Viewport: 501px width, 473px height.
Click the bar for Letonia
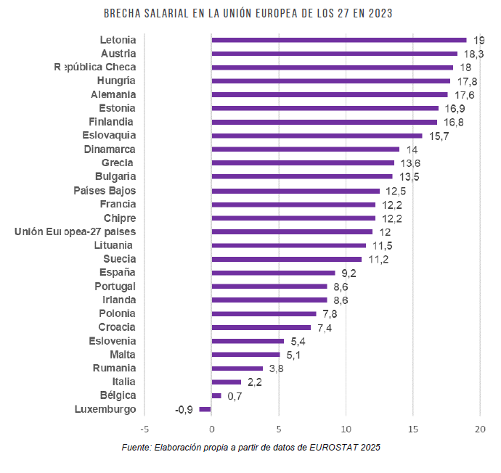pyautogui.click(x=338, y=40)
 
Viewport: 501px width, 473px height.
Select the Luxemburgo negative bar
pyautogui.click(x=205, y=409)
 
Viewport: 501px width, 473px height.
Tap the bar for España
pyautogui.click(x=273, y=273)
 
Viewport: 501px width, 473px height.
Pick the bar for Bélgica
pyautogui.click(x=216, y=395)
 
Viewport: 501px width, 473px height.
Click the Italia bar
pyautogui.click(x=226, y=382)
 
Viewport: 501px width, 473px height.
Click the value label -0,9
pyautogui.click(x=184, y=410)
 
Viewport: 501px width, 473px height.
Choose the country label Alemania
pyautogui.click(x=113, y=94)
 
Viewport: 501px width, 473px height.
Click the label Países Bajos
pyautogui.click(x=105, y=190)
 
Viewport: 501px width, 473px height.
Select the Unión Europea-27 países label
pyautogui.click(x=76, y=231)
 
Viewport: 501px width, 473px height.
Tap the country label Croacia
pyautogui.click(x=117, y=327)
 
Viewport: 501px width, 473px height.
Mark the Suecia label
pyautogui.click(x=119, y=259)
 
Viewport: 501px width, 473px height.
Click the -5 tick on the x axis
pyautogui.click(x=144, y=428)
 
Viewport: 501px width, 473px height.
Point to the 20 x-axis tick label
pyautogui.click(x=480, y=428)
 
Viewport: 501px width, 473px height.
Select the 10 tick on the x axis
pyautogui.click(x=346, y=428)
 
